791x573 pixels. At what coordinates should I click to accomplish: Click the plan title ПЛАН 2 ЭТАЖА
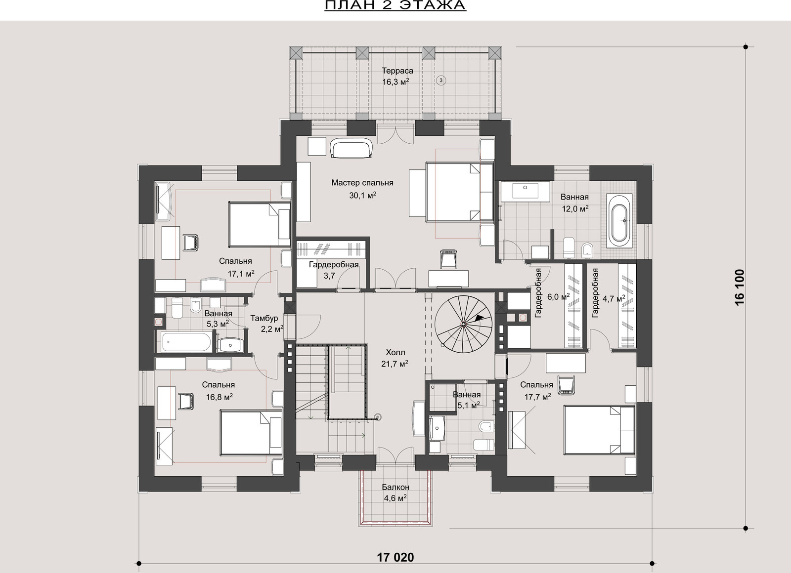pos(395,5)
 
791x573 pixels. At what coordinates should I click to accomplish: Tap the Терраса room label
pos(397,71)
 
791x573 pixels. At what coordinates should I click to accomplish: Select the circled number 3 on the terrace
pos(440,81)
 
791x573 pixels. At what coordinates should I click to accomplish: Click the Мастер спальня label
pos(362,183)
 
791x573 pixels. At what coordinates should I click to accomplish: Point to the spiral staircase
pos(463,324)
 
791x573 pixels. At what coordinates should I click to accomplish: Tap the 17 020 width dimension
pos(395,558)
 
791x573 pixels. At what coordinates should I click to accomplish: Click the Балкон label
pos(395,487)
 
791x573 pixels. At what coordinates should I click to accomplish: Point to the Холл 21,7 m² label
pos(395,358)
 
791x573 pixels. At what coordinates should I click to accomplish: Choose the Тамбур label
pos(264,318)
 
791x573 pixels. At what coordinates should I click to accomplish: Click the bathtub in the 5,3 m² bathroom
pos(186,341)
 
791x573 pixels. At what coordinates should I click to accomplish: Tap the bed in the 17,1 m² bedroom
pos(260,224)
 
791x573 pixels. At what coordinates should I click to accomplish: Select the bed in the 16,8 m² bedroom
pos(251,432)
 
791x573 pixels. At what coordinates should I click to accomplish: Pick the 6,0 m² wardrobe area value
pos(558,297)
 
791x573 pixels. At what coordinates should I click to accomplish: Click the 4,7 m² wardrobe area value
pos(614,299)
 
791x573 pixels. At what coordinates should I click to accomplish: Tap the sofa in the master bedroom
pos(352,149)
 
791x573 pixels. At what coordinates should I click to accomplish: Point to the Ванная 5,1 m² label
pos(467,400)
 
